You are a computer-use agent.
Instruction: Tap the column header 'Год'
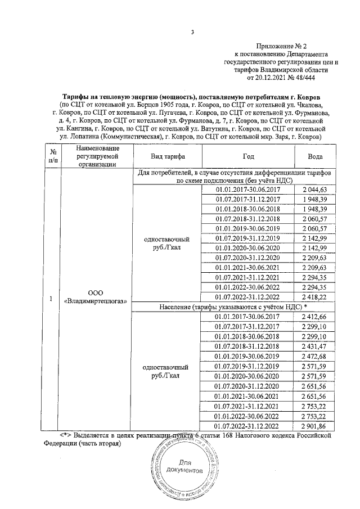coord(248,156)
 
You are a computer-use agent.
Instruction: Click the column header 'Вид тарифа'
coord(166,156)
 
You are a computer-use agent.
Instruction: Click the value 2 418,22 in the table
coord(318,296)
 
